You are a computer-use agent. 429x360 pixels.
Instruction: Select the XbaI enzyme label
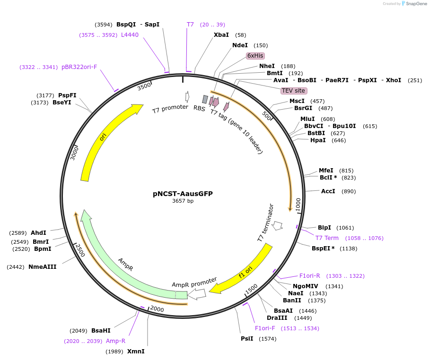[221, 35]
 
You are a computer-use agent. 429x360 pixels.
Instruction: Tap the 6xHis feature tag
[255, 56]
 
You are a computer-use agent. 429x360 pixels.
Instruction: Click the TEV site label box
[293, 91]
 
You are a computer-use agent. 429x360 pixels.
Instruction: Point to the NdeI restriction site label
[240, 45]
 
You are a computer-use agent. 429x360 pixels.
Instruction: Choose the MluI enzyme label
[307, 119]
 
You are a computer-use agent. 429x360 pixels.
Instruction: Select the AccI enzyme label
[328, 191]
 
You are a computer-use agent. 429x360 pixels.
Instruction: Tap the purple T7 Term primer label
[327, 238]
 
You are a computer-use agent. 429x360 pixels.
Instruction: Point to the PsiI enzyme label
[247, 339]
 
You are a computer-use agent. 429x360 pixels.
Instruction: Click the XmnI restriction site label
[136, 351]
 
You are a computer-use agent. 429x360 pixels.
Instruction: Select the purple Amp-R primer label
[115, 341]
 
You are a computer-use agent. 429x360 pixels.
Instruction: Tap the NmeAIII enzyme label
[42, 267]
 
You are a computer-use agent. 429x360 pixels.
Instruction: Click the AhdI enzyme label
[38, 233]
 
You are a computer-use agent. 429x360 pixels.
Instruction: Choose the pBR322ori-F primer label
[79, 67]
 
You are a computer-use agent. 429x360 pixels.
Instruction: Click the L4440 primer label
[130, 35]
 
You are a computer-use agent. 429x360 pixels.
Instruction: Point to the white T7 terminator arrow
[278, 225]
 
